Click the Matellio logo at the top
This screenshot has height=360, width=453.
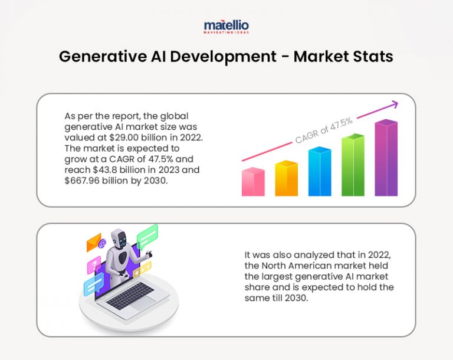click(226, 27)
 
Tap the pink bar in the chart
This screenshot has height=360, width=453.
click(253, 182)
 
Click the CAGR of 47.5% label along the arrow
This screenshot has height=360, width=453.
click(324, 130)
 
